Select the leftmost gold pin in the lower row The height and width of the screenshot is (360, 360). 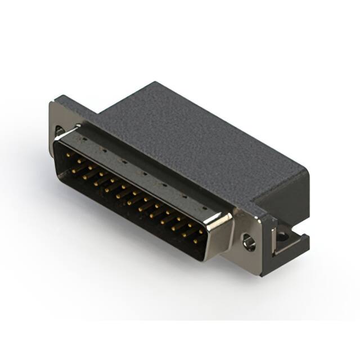77,167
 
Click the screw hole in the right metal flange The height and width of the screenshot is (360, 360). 248,243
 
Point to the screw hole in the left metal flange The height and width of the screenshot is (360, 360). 59,133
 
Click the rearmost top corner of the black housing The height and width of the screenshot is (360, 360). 152,83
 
